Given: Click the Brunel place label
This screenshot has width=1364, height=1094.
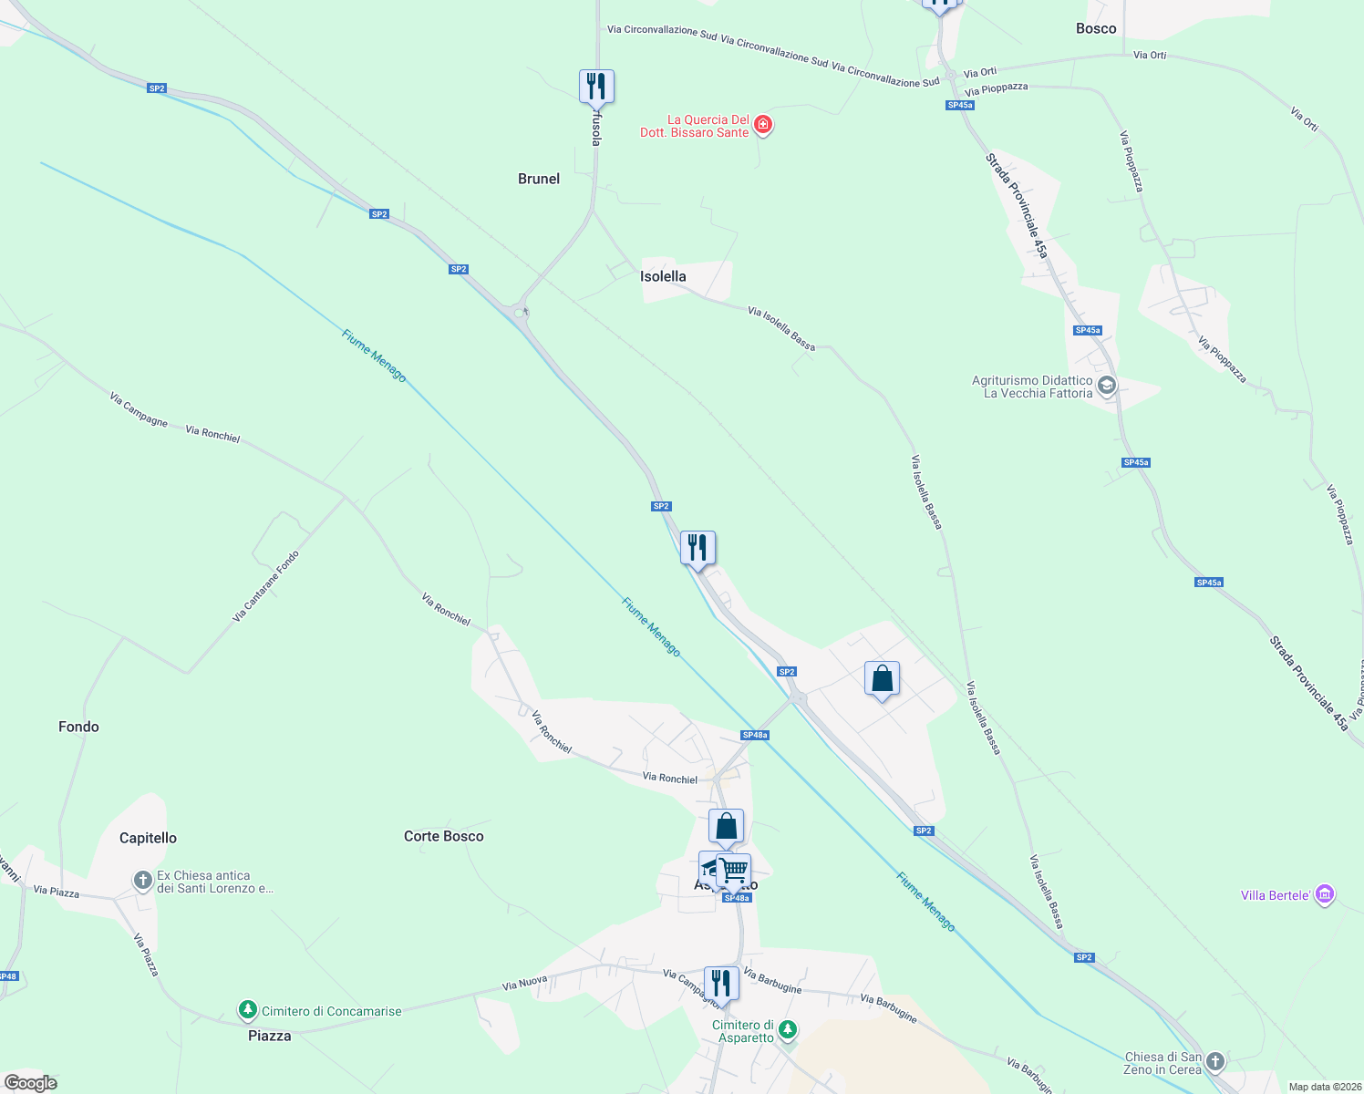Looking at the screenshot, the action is [x=539, y=179].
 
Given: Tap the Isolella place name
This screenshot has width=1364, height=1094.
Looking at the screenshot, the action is [x=663, y=276].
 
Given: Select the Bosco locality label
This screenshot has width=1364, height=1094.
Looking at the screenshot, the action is [x=1096, y=28].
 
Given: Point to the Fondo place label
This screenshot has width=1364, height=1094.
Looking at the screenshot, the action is [x=78, y=727].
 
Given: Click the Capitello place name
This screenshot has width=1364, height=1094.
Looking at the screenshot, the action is [x=148, y=838].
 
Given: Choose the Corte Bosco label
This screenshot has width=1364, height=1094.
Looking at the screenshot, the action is [x=444, y=836].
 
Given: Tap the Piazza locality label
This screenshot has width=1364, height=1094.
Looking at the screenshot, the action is [x=270, y=1036].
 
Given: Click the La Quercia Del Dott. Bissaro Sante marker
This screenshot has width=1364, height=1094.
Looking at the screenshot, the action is [x=764, y=125].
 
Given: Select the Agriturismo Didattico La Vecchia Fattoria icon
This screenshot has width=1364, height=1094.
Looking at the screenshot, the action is [x=1107, y=386].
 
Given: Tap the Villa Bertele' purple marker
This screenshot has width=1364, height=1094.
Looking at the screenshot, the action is [x=1326, y=894].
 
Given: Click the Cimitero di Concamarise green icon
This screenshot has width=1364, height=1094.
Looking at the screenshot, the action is [x=247, y=1010].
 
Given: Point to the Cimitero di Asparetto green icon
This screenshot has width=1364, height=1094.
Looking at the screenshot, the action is [x=788, y=1030].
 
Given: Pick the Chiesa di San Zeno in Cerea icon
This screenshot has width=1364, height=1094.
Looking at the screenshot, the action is [x=1215, y=1061].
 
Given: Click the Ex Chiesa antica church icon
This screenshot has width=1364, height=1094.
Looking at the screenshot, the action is [x=142, y=880].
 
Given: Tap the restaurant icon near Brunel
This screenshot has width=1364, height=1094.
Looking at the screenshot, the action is [x=596, y=87].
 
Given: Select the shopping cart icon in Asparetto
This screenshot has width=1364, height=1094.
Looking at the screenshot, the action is [x=734, y=870].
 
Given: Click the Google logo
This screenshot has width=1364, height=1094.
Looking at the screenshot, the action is [x=30, y=1083].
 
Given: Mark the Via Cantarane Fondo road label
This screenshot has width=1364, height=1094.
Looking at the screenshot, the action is [x=265, y=586].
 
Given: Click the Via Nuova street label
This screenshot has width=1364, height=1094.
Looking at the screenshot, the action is [x=524, y=983].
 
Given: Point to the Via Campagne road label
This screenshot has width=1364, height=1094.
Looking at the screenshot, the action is [x=139, y=409].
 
